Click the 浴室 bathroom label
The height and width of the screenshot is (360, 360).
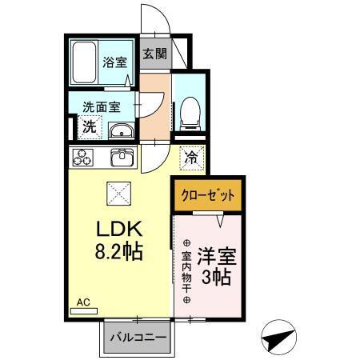[x=114, y=62]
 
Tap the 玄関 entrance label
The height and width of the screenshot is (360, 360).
[x=155, y=55]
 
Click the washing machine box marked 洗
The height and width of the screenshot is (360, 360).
[x=90, y=126]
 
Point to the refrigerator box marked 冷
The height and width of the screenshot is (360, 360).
[x=190, y=158]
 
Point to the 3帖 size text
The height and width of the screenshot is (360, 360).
[x=216, y=278]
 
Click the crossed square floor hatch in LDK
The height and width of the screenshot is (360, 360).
[x=118, y=193]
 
